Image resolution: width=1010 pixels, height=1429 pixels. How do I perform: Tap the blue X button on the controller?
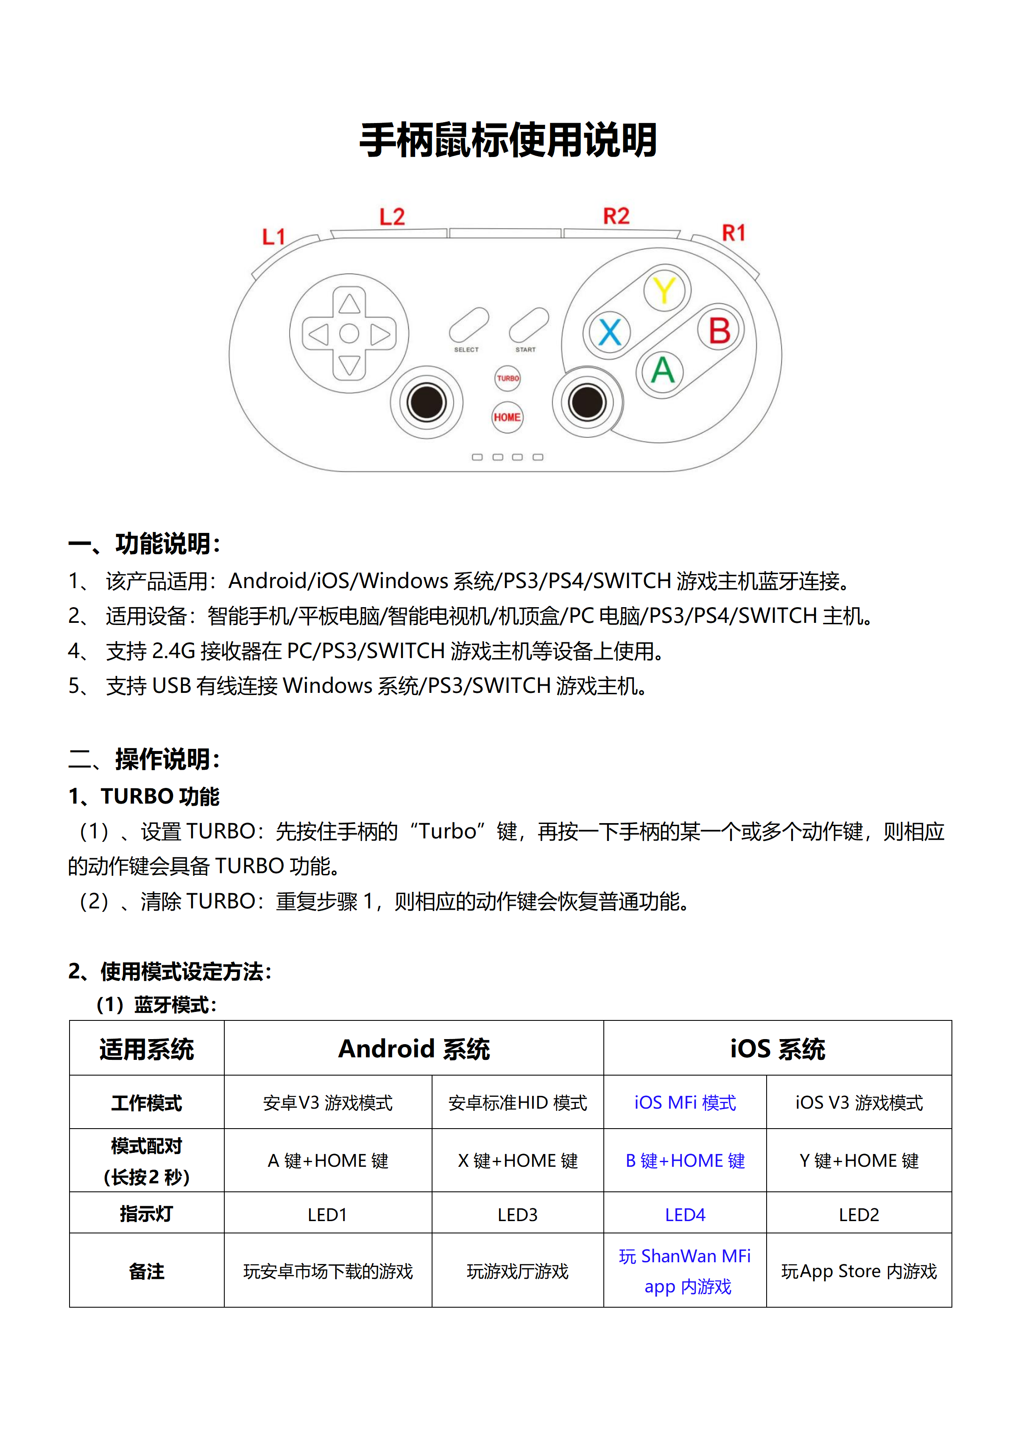point(609,332)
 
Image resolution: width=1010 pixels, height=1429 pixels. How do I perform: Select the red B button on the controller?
point(720,330)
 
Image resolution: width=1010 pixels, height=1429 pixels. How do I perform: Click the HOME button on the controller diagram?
point(508,417)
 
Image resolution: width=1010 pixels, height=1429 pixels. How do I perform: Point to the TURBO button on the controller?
point(508,378)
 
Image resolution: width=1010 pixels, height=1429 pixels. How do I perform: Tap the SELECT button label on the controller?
point(466,350)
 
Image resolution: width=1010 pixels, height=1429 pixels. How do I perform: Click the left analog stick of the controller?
point(427,402)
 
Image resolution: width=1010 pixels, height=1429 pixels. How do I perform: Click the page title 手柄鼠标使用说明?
point(508,140)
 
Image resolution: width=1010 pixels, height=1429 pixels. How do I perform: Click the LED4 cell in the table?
point(685,1214)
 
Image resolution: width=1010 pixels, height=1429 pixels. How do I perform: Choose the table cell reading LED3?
point(517,1214)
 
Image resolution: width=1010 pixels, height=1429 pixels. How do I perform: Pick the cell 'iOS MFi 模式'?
point(685,1103)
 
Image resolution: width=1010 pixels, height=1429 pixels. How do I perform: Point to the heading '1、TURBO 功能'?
point(144,796)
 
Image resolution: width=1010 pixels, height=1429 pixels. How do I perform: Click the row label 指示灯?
point(146,1213)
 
